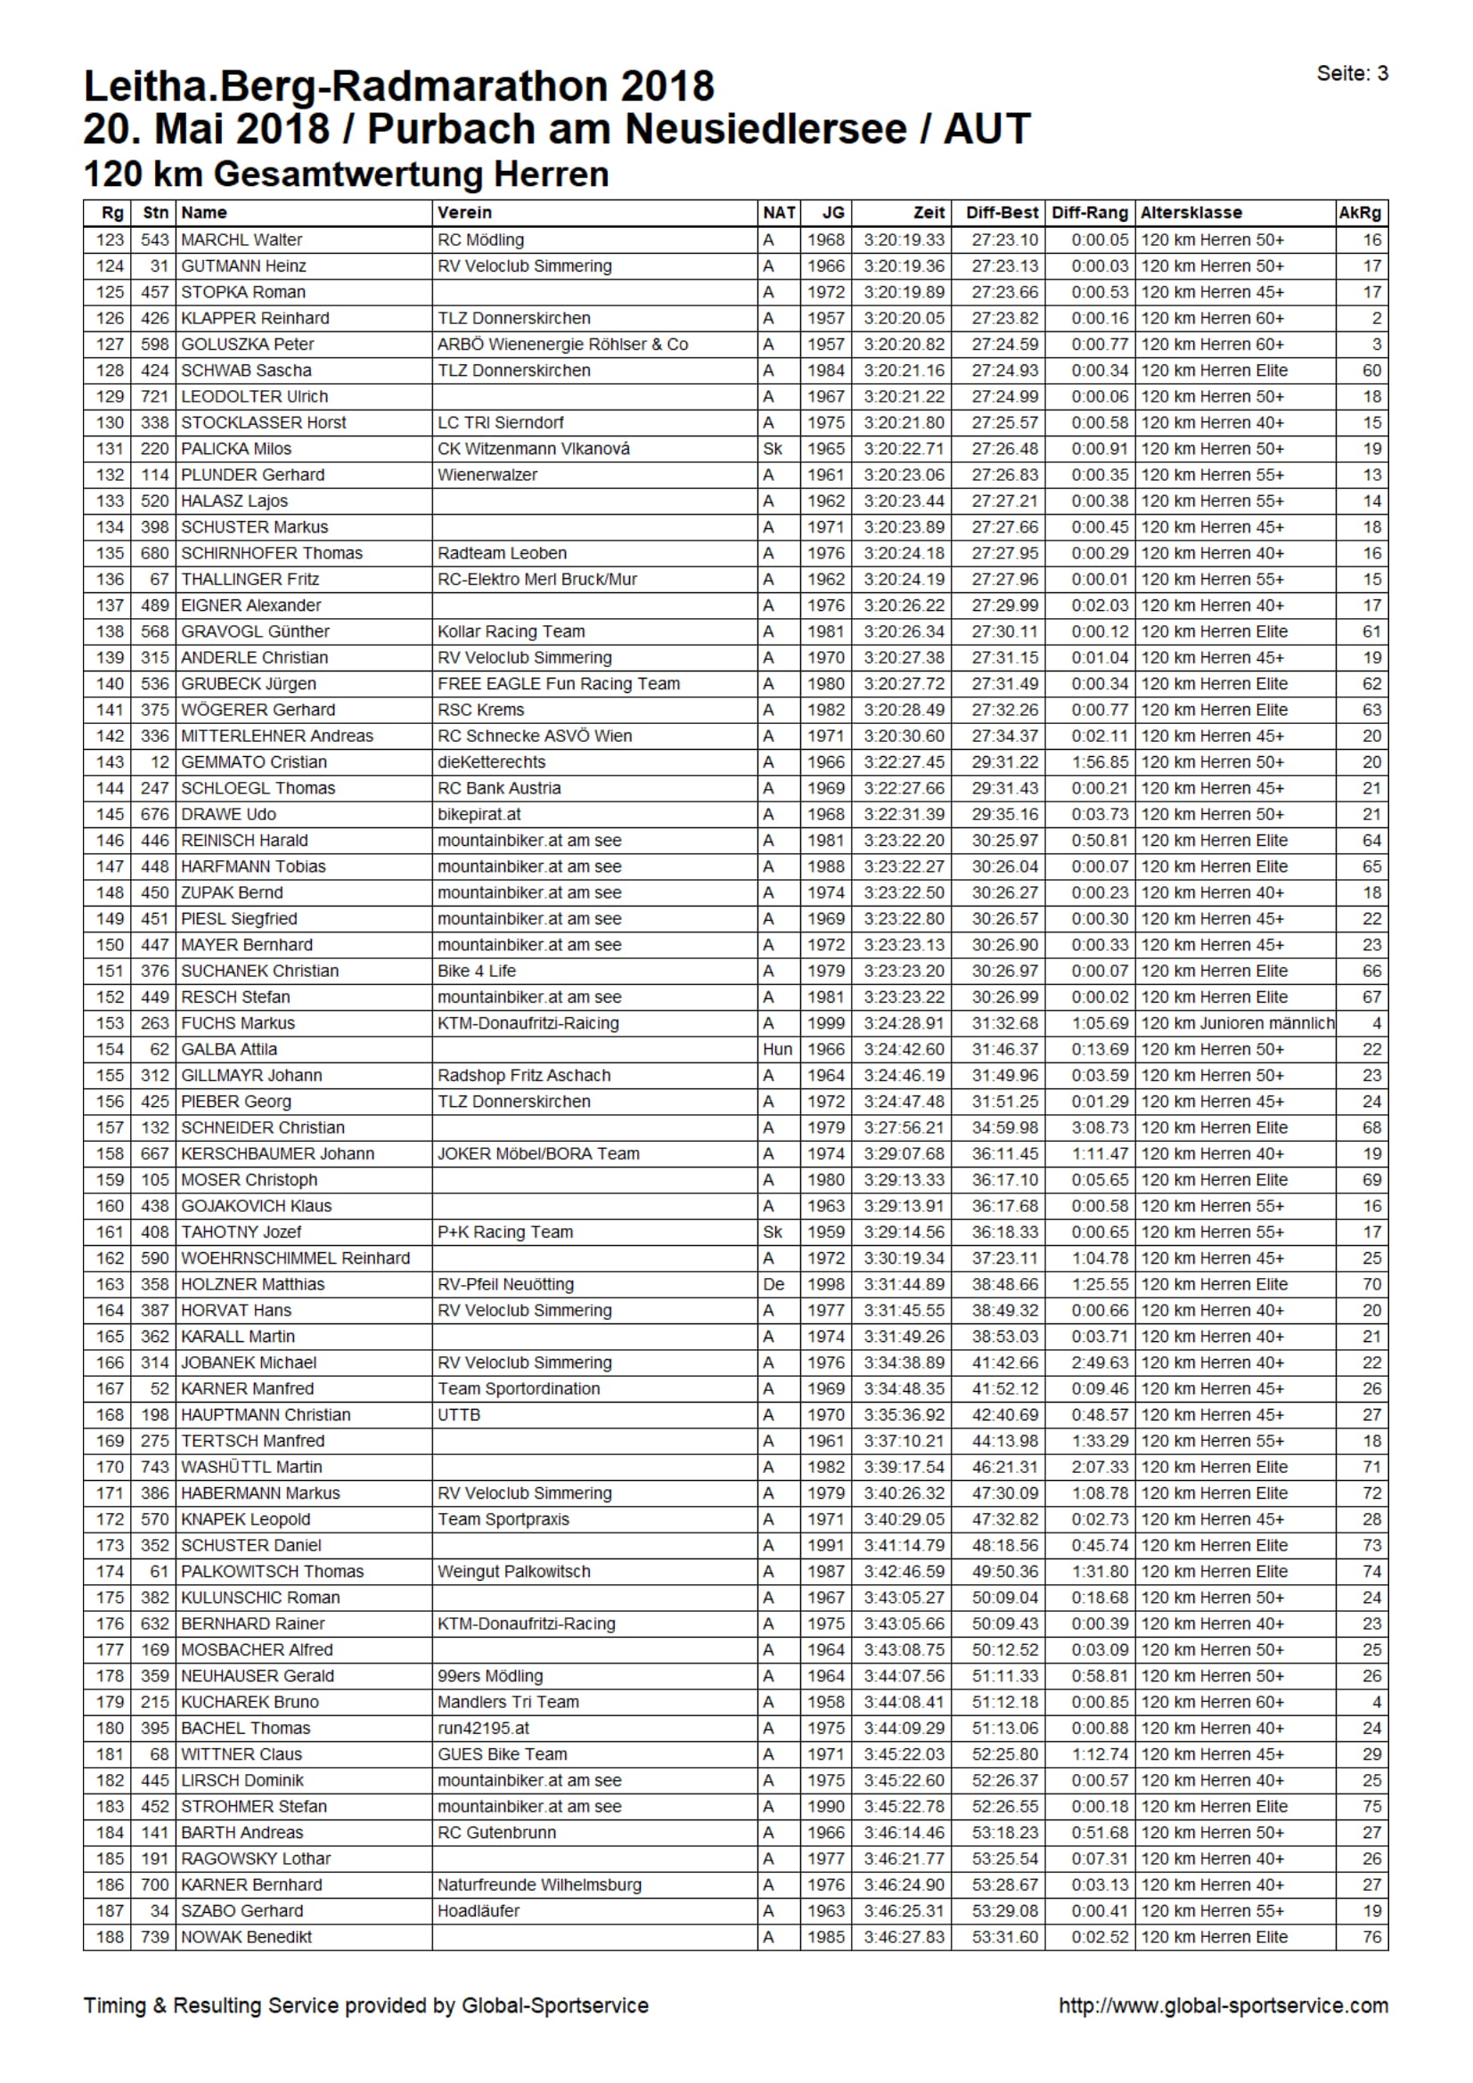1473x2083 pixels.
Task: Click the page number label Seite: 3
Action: tap(1352, 74)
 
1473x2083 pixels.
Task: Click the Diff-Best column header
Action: tap(1001, 212)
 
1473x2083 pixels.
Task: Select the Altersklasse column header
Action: tap(1191, 212)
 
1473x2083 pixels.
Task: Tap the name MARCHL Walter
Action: tap(241, 240)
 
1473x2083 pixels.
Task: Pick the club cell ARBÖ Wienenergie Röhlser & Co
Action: tap(562, 344)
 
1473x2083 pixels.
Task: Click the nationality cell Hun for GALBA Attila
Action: tap(777, 1049)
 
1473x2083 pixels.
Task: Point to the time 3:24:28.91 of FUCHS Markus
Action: tap(904, 1022)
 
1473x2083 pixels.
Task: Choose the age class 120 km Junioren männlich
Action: tap(1237, 1022)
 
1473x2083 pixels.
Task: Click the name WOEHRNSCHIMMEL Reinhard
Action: tap(295, 1257)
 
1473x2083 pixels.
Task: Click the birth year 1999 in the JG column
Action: tap(826, 1022)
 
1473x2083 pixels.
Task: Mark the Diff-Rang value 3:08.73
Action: tap(1100, 1127)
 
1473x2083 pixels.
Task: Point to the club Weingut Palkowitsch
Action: tap(513, 1570)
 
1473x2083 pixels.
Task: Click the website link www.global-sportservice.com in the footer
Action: tap(1223, 2005)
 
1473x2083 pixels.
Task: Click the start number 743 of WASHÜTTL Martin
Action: tap(154, 1466)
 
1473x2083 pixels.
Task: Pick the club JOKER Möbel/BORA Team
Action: tap(538, 1153)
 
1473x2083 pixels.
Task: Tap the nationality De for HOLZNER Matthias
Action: tap(773, 1284)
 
